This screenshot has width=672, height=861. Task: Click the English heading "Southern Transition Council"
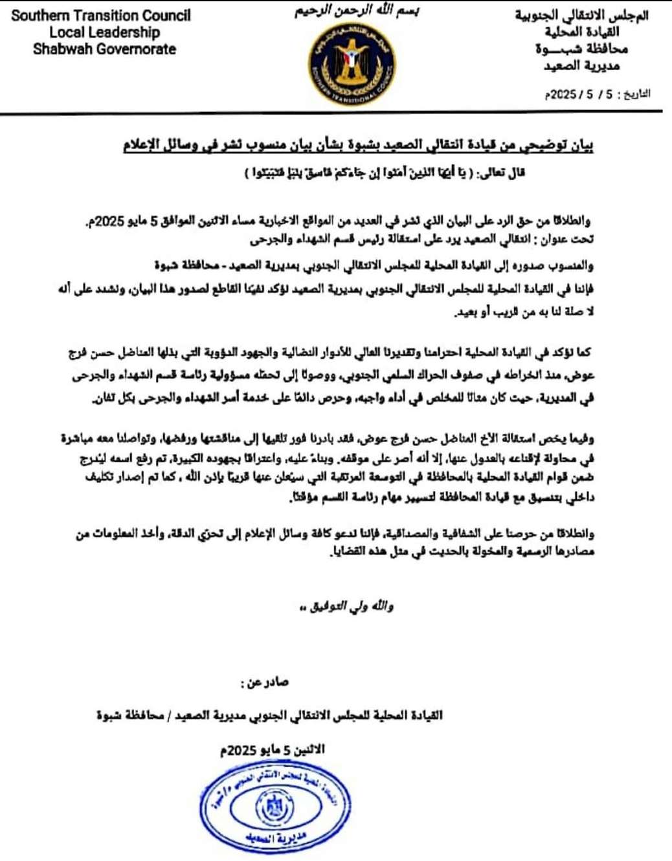pos(101,16)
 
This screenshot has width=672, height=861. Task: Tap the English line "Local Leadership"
pos(104,32)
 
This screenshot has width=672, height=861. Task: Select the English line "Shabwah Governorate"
pos(104,49)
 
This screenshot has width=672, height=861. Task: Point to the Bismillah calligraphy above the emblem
pos(357,12)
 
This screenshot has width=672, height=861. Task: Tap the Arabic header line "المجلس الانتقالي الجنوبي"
pos(581,16)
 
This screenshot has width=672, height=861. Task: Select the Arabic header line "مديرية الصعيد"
pos(581,66)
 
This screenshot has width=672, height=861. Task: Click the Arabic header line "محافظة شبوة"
pos(581,49)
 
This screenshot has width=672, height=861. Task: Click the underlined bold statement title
pos(357,145)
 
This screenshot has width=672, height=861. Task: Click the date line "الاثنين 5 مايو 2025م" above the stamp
pos(272,750)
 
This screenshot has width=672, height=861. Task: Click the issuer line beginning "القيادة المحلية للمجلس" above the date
pos(269,715)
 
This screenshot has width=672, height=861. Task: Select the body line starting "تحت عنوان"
pos(422,240)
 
